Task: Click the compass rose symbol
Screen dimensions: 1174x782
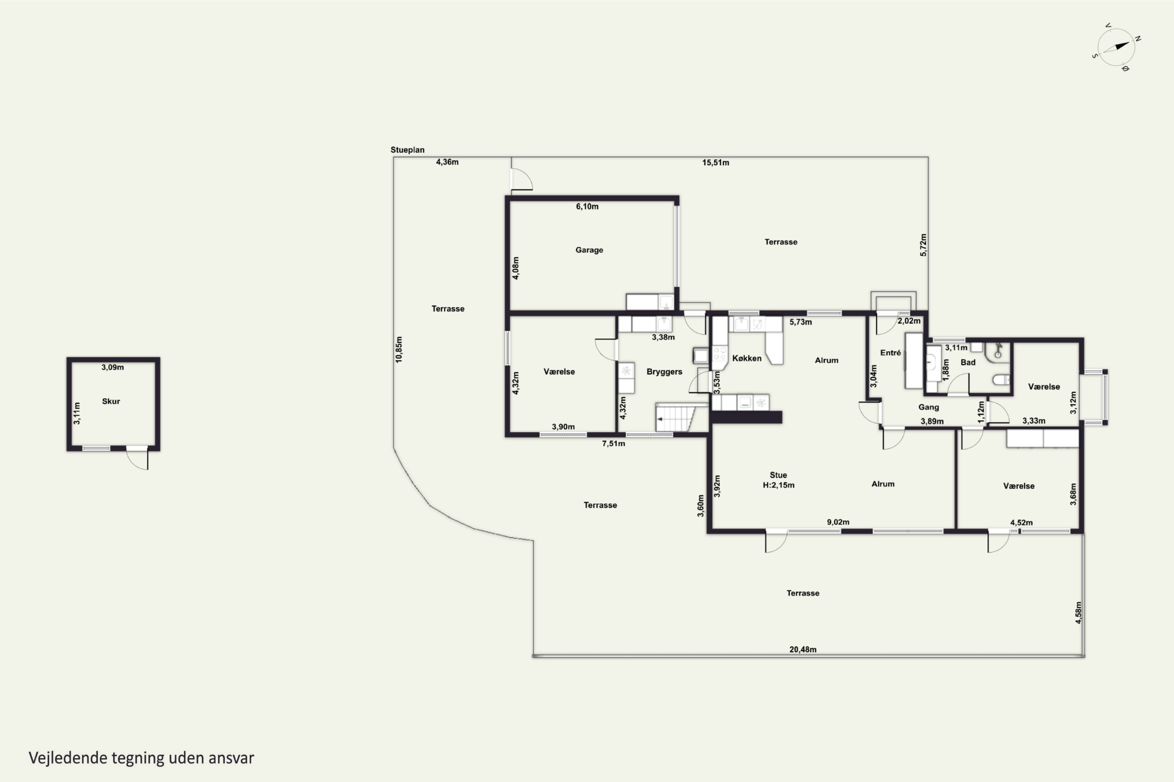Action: (x=1116, y=47)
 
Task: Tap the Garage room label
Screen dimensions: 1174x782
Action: (x=589, y=250)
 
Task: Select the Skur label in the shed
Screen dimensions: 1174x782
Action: (x=111, y=401)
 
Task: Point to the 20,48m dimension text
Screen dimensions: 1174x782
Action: (x=803, y=649)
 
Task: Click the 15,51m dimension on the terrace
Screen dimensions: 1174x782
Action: (x=715, y=163)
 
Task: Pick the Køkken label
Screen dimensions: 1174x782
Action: (x=747, y=358)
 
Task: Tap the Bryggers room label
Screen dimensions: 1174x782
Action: (x=664, y=371)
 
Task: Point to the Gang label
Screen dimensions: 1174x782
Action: (x=928, y=407)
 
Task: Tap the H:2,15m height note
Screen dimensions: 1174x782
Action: (x=778, y=485)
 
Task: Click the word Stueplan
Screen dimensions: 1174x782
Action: (x=407, y=150)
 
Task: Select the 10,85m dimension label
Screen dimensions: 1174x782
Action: (x=399, y=349)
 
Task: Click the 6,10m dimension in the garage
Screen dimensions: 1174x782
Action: (x=587, y=206)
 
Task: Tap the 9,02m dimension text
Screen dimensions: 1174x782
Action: (x=838, y=522)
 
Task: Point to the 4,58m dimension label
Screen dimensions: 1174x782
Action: (x=1078, y=612)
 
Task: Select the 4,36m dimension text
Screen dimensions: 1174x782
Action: (x=447, y=162)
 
